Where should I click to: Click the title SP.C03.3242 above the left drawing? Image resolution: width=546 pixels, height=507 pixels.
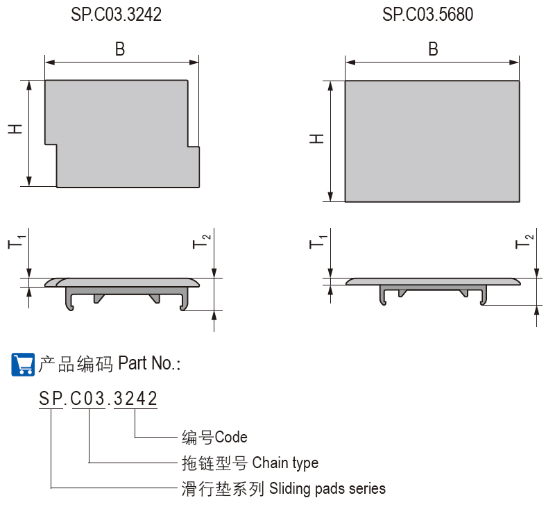(x=117, y=15)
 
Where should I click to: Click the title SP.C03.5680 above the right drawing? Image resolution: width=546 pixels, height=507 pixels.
(x=427, y=15)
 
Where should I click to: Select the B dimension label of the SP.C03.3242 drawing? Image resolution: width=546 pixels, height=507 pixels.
(x=120, y=49)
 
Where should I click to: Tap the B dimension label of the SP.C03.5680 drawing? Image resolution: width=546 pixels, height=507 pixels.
(x=433, y=49)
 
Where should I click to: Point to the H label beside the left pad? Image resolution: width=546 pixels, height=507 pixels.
(x=15, y=128)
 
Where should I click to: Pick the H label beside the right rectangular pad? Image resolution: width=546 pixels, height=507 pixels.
(x=316, y=139)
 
